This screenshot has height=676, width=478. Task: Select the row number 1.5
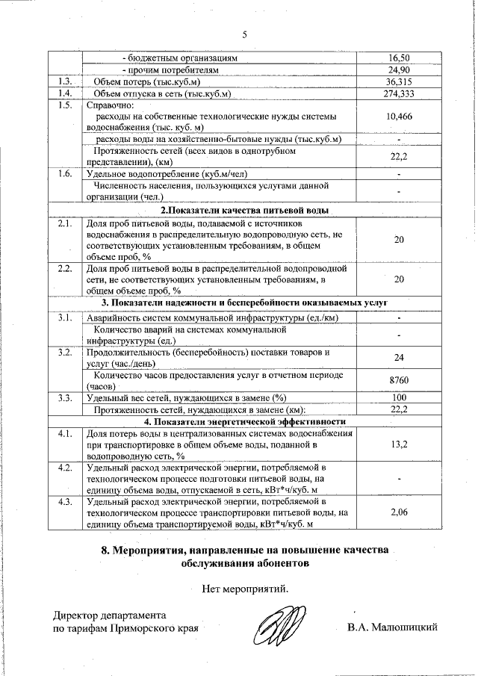pyautogui.click(x=64, y=105)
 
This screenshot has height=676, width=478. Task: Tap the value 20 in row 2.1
pyautogui.click(x=400, y=238)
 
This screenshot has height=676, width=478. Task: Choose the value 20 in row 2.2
pyautogui.click(x=400, y=279)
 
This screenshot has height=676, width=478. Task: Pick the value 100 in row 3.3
pyautogui.click(x=400, y=397)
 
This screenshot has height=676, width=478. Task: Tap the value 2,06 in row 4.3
pyautogui.click(x=400, y=513)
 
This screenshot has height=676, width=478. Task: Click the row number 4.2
pyautogui.click(x=64, y=468)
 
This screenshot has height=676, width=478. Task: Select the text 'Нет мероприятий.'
pyautogui.click(x=245, y=589)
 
